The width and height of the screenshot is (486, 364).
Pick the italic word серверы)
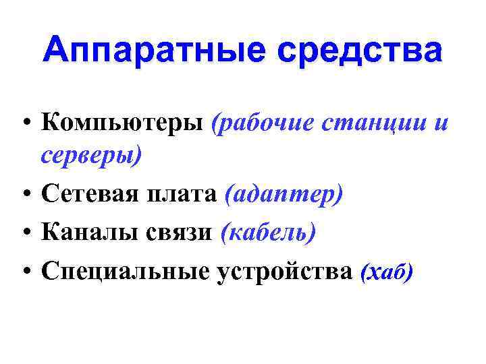click(x=92, y=156)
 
